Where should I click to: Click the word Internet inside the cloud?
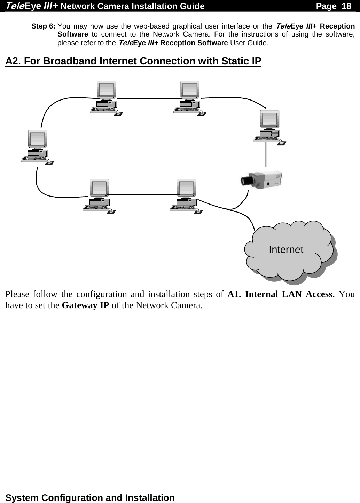click(286, 249)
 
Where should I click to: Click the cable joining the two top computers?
click(148, 98)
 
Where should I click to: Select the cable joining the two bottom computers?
click(143, 195)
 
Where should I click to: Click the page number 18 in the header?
click(346, 6)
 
